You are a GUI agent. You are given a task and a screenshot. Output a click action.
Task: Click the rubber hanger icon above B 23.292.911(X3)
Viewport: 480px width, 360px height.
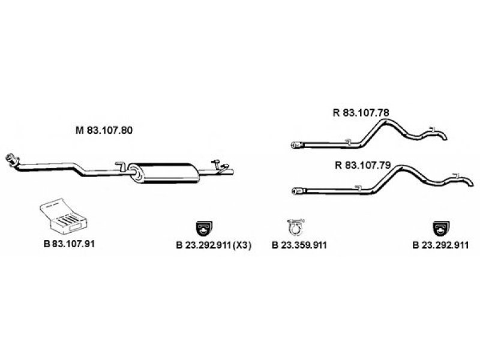coord(205,229)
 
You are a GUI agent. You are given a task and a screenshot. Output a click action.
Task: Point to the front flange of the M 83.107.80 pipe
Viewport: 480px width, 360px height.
coord(10,159)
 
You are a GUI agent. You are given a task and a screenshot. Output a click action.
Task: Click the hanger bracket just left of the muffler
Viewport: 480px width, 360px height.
coord(119,165)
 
